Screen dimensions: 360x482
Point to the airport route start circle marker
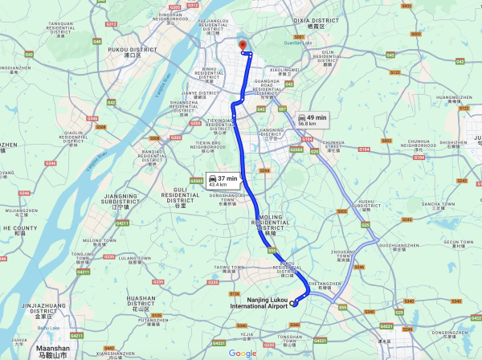294,303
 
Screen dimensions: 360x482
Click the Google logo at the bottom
243,354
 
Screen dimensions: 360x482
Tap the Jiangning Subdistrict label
122,200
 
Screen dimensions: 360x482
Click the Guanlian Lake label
297,43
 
